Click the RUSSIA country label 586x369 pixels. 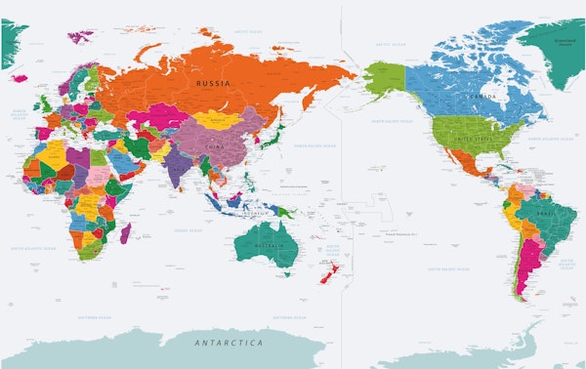[213, 85]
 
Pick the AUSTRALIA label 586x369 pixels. [266, 244]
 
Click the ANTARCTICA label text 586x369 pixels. [229, 344]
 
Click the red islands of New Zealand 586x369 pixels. [328, 274]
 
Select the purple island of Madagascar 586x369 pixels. [125, 232]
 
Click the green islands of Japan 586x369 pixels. [276, 136]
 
